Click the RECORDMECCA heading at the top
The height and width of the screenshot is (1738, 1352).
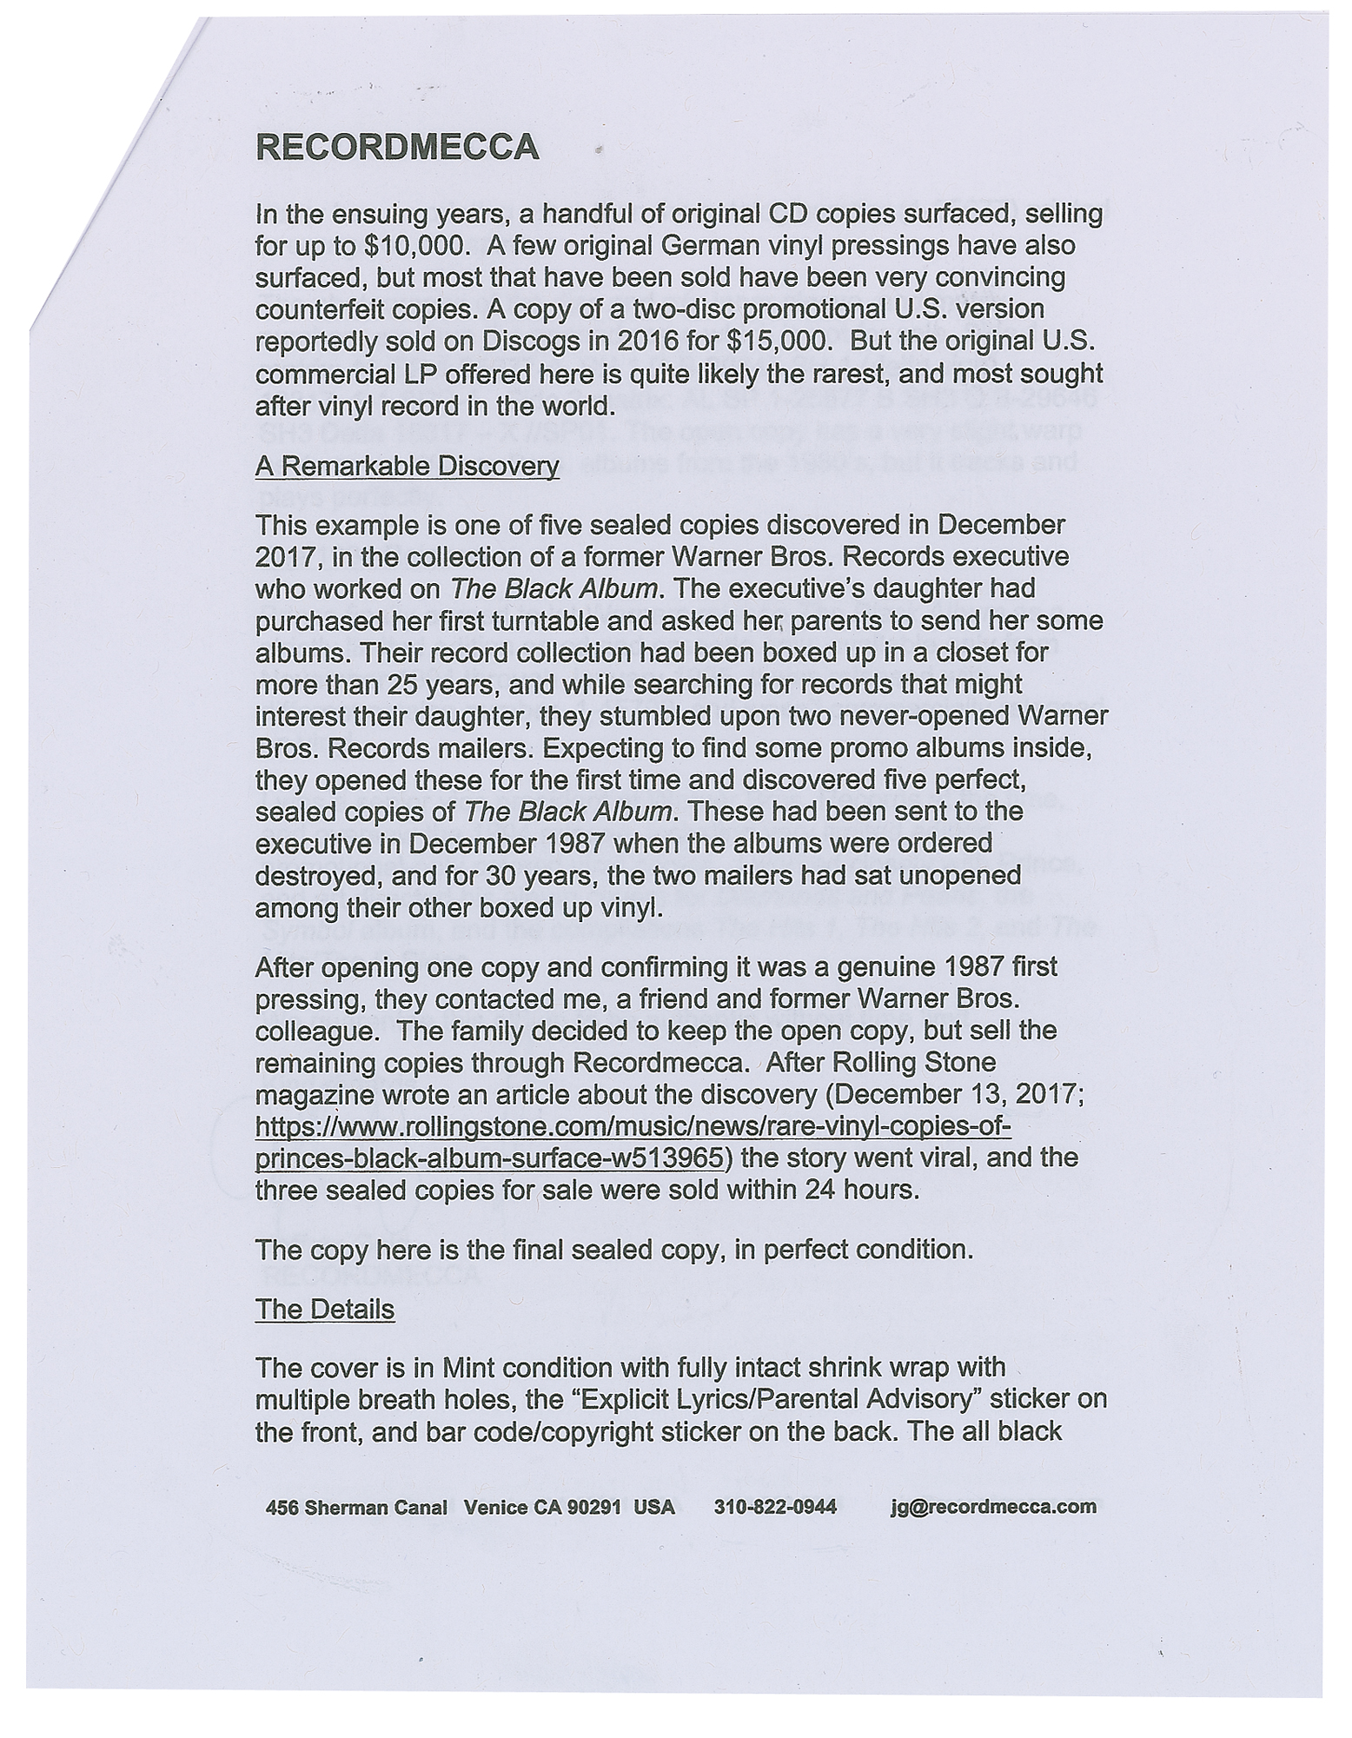(x=397, y=147)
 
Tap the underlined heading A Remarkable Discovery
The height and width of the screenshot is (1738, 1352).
(x=407, y=467)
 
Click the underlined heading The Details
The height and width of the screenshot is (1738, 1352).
(x=324, y=1310)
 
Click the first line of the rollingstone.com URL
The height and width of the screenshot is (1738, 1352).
(x=633, y=1127)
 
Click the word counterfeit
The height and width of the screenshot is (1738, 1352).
(x=318, y=310)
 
